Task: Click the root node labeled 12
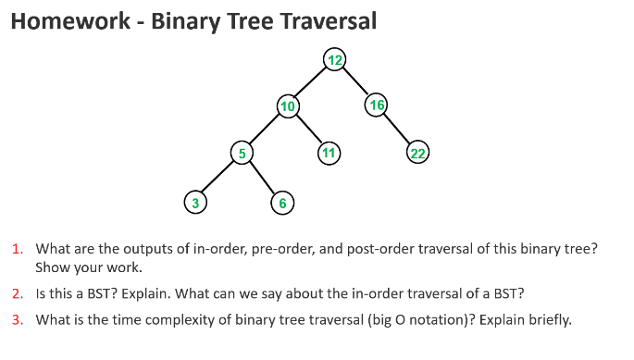(334, 60)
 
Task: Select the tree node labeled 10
(288, 106)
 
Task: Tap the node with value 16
(376, 106)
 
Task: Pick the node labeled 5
(242, 154)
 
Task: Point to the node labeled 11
(328, 153)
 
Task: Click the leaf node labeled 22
(417, 154)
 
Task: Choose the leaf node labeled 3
(194, 202)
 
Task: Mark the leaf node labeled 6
(282, 203)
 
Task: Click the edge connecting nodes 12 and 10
(311, 83)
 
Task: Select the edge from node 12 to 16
(355, 82)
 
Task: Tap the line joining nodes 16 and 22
(397, 130)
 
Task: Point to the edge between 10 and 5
(265, 130)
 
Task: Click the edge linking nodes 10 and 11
(307, 130)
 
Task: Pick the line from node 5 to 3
(218, 178)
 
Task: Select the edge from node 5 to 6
(262, 178)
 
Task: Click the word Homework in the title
(68, 21)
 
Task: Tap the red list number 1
(18, 249)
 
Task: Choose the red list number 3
(18, 320)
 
